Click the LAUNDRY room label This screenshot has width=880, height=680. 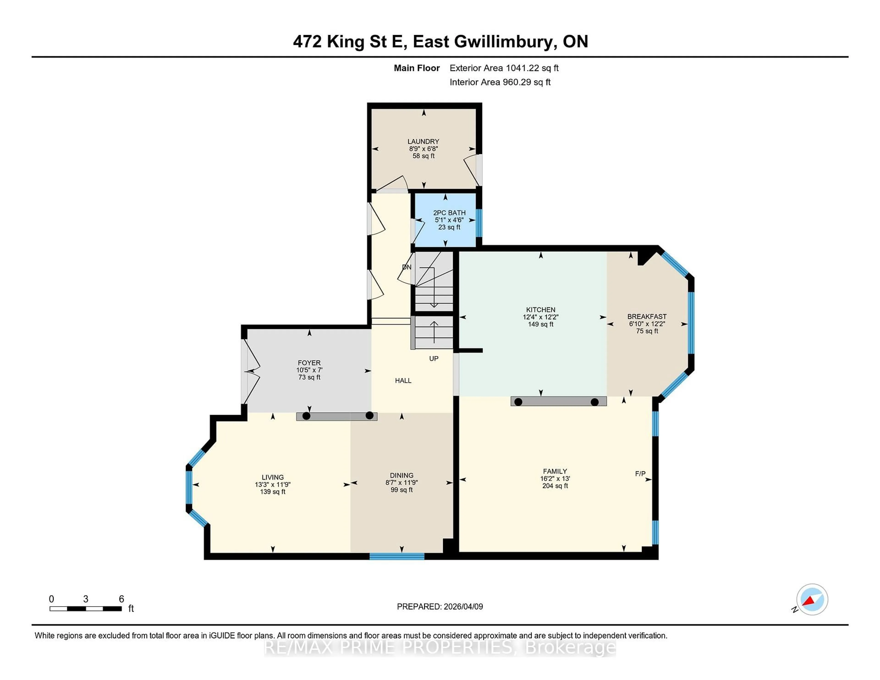click(423, 141)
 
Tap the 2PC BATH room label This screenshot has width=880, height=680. click(449, 213)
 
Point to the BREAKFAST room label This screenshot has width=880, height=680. click(647, 317)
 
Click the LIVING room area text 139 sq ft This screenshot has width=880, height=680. click(272, 492)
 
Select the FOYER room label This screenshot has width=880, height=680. click(309, 363)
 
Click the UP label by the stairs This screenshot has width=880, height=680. click(434, 359)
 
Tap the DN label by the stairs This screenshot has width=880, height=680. click(407, 267)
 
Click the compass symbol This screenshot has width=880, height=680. click(812, 599)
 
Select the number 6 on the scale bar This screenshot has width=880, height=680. click(121, 599)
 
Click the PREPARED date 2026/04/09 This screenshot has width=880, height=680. click(462, 607)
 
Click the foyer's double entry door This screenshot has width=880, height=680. click(251, 371)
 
